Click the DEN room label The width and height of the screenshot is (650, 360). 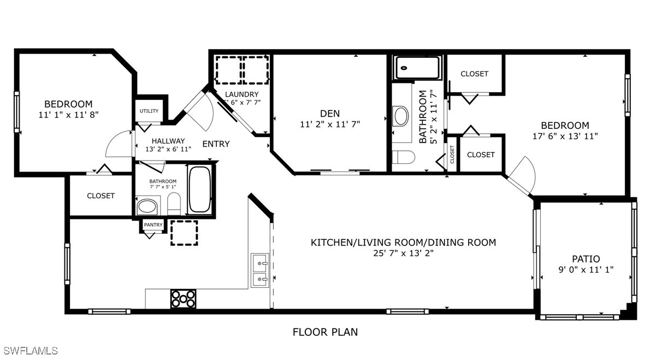[330, 113]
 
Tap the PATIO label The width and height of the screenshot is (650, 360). [586, 259]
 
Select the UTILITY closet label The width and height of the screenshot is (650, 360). [149, 111]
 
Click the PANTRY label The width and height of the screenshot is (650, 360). [153, 225]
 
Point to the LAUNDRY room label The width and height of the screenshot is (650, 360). [241, 94]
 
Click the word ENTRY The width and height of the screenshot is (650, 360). [216, 144]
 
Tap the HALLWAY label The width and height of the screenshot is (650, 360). [168, 141]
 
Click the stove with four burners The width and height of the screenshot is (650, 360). [183, 299]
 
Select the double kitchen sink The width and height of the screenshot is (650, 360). [260, 270]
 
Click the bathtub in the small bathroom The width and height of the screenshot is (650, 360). [200, 190]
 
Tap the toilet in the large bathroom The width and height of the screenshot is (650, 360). [403, 157]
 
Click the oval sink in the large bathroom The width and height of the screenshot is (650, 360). [401, 116]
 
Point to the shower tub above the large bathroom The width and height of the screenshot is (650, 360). [417, 68]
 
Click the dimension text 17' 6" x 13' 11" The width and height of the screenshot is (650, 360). [565, 136]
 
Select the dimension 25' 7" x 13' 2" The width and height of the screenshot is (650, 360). [403, 253]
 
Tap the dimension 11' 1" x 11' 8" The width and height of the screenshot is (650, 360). [68, 115]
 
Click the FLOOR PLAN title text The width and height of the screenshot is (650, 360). [325, 332]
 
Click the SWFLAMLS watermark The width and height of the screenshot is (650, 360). [29, 351]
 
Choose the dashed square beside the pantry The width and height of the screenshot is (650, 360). [184, 233]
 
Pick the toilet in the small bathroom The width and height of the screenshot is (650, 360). [174, 204]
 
